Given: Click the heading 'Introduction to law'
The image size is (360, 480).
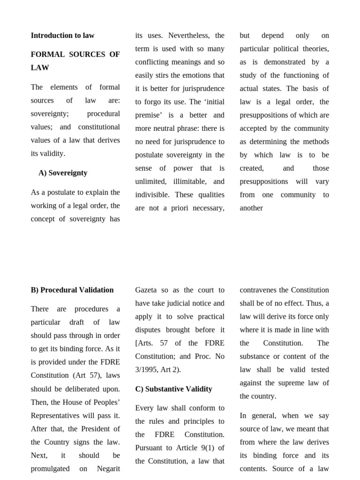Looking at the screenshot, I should pyautogui.click(x=62, y=36).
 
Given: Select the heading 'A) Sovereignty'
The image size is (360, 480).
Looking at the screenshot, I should pyautogui.click(x=63, y=173).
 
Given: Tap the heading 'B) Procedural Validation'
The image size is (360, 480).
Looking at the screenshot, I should pyautogui.click(x=72, y=290).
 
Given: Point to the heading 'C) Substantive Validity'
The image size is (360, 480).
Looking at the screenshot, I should pyautogui.click(x=173, y=389).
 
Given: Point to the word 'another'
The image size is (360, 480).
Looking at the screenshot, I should pyautogui.click(x=251, y=208).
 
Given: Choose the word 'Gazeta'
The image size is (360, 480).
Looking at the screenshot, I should pyautogui.click(x=147, y=290).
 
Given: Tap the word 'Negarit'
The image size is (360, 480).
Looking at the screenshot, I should pyautogui.click(x=108, y=469).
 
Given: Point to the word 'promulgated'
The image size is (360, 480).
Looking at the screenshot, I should pyautogui.click(x=50, y=469).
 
